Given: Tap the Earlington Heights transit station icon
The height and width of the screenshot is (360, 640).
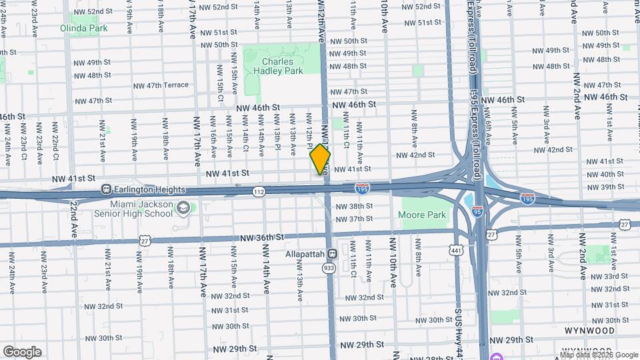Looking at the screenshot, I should (106, 189).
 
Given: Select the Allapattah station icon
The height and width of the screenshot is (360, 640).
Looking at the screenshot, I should (331, 254).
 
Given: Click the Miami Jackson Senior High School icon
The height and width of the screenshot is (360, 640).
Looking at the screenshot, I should (182, 209).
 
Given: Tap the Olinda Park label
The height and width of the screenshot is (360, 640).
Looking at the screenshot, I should (83, 28).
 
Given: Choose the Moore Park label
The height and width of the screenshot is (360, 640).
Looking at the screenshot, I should (422, 215).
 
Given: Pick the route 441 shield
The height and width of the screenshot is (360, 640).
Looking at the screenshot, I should (457, 250).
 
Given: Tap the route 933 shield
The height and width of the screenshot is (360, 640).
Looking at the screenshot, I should (329, 267).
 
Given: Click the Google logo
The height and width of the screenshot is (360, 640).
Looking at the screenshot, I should (21, 351).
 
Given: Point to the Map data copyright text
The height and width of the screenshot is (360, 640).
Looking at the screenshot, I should (599, 355).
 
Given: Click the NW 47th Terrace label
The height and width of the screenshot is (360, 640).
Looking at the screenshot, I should (159, 85).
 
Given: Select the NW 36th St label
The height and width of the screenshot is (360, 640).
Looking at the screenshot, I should (262, 237).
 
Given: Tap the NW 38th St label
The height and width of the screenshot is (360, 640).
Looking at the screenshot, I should (353, 207).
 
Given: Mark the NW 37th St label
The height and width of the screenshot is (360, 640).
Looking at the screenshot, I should (353, 219).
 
